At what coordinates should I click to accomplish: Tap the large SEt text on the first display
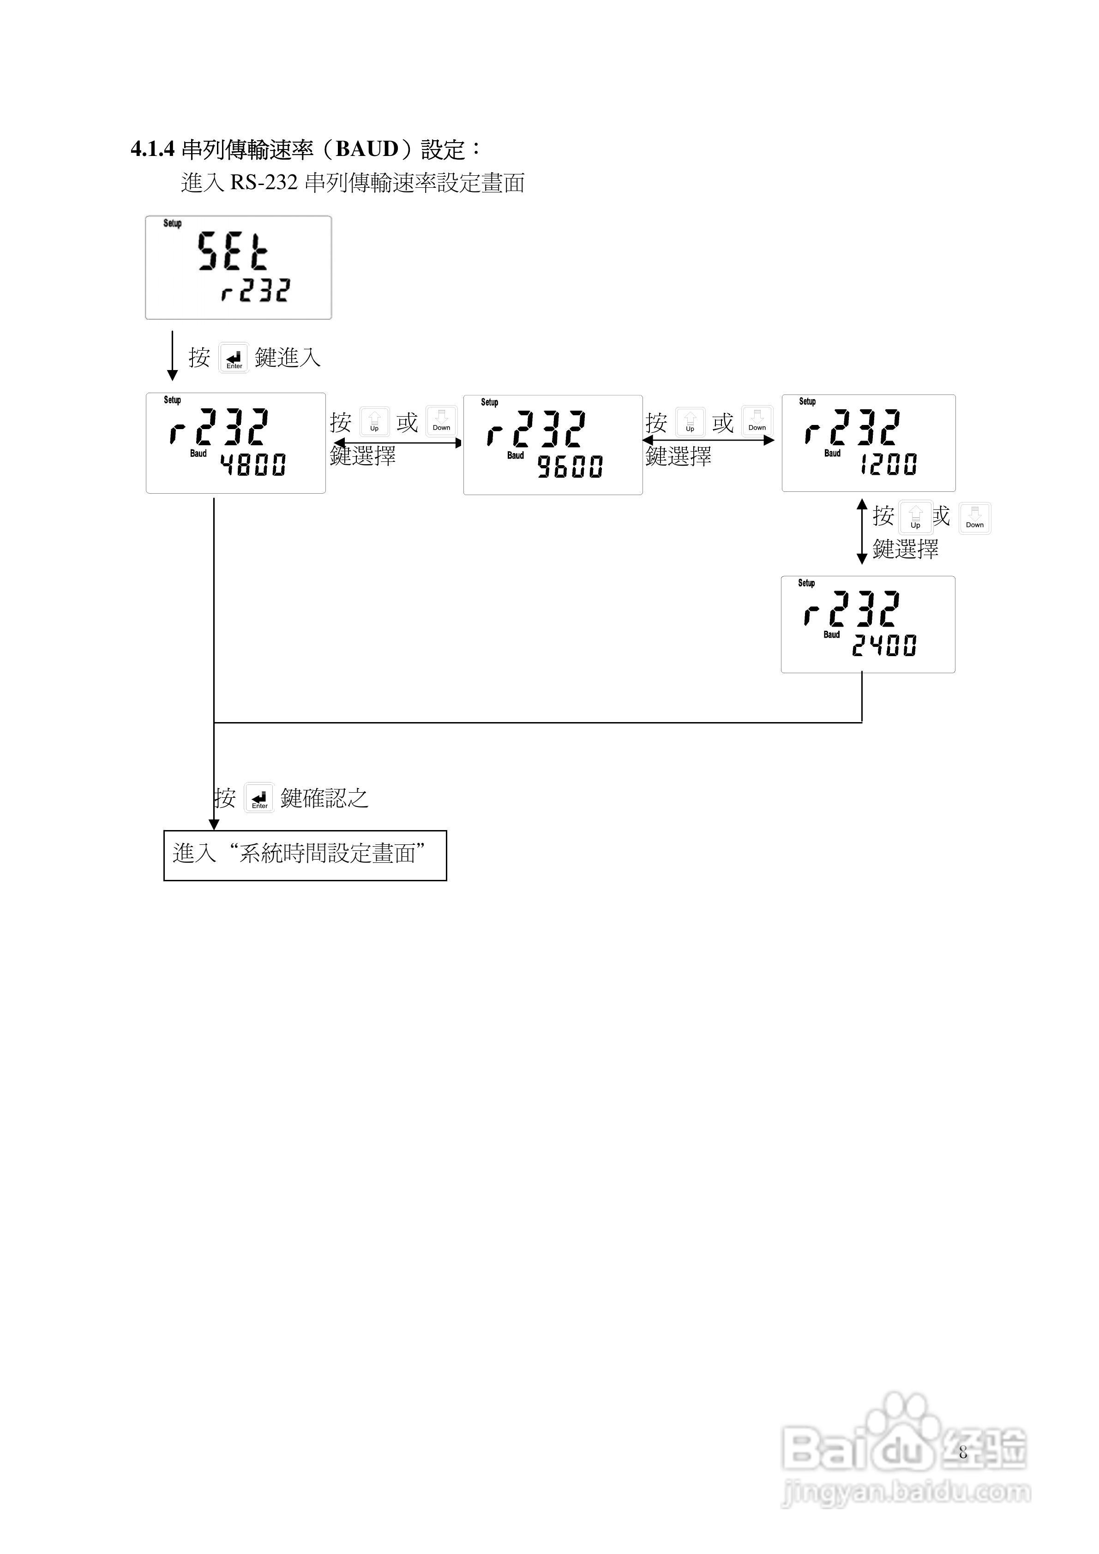pyautogui.click(x=232, y=251)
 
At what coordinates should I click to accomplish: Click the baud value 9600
pyautogui.click(x=570, y=467)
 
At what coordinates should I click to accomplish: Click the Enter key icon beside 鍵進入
pyautogui.click(x=234, y=358)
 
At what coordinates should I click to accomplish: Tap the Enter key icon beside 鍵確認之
pyautogui.click(x=259, y=797)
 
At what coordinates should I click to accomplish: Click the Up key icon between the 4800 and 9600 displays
pyautogui.click(x=374, y=422)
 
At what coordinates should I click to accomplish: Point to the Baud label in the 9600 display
pyautogui.click(x=515, y=455)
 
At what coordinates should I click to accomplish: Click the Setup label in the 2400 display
pyautogui.click(x=806, y=583)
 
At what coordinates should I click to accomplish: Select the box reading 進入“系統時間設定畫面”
pyautogui.click(x=305, y=855)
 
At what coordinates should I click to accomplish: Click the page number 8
pyautogui.click(x=962, y=1452)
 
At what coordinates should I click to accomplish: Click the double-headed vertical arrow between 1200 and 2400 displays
pyautogui.click(x=862, y=532)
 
